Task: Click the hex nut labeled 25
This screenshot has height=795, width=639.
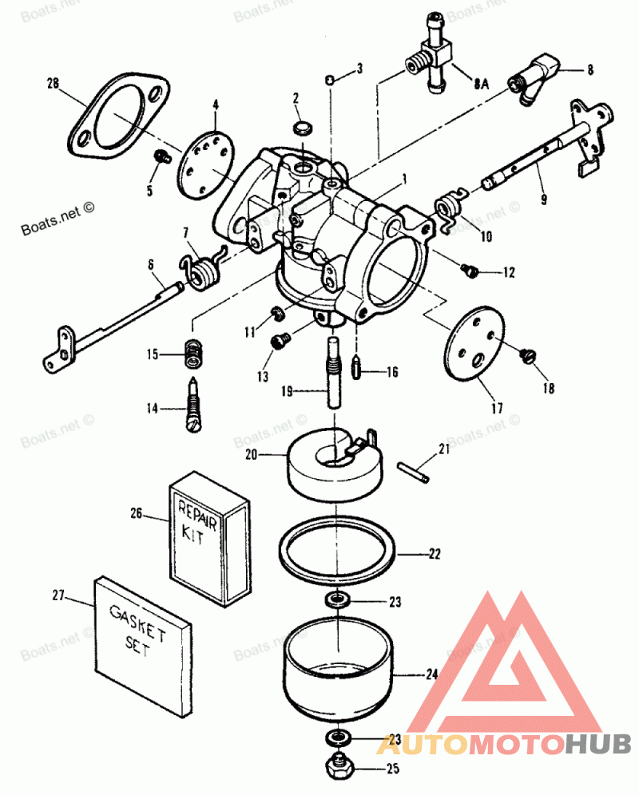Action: coord(340,768)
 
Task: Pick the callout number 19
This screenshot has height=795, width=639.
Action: coord(291,392)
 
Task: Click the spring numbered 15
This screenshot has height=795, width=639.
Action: coord(192,354)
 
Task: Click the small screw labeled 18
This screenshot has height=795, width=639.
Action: coord(527,357)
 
